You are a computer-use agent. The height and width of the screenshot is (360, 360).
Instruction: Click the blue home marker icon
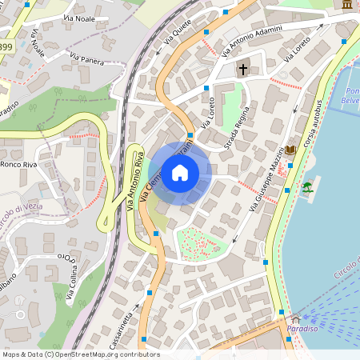[180, 173]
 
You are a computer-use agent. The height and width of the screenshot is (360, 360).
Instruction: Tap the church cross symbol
[242, 70]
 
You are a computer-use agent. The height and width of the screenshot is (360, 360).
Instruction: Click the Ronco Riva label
[21, 164]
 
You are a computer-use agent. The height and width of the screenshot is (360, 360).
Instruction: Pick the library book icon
[290, 150]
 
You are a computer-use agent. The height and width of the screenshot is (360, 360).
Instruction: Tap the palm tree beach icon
[307, 187]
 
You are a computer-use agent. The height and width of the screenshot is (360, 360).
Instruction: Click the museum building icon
[347, 5]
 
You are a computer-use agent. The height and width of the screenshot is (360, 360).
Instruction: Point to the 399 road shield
[6, 48]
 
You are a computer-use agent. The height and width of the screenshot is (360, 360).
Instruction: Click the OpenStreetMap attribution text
[80, 354]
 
